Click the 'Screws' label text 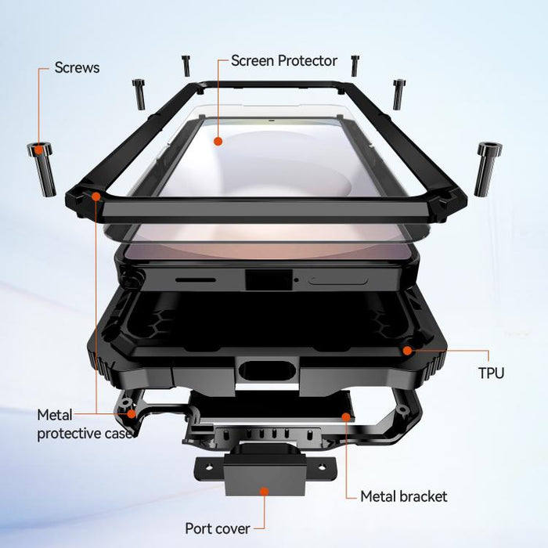pos(77,68)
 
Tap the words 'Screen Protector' pos(283,61)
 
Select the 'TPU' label pos(491,373)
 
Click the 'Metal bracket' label pos(404,496)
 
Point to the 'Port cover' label pos(218,528)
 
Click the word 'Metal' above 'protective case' pos(55,415)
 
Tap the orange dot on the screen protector pos(218,141)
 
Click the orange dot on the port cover pos(265,492)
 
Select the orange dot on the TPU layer pos(407,351)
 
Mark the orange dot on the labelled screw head pos(39,150)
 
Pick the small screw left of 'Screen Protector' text pos(186,66)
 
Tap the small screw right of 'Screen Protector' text pos(355,66)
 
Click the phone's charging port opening pos(269,279)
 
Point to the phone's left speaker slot pos(196,280)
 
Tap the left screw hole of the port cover pos(209,467)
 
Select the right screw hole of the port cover pos(322,467)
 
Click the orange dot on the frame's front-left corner pos(96,196)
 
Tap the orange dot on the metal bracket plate pos(346,417)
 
